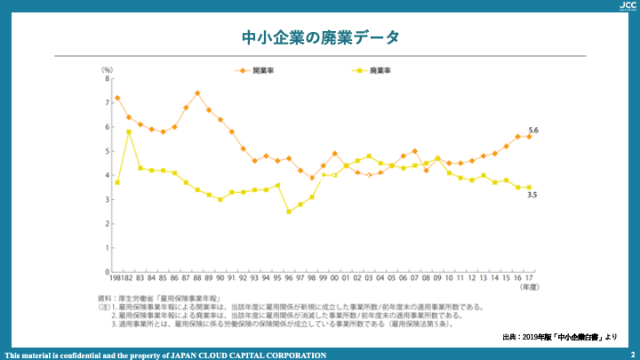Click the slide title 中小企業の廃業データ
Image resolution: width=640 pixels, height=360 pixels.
[320, 37]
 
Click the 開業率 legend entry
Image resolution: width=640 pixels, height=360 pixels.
[256, 69]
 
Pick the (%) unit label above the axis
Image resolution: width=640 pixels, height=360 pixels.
[107, 68]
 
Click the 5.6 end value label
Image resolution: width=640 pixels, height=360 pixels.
[533, 131]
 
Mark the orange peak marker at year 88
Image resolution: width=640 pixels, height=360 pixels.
[197, 93]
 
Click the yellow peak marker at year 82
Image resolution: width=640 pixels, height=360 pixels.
[129, 132]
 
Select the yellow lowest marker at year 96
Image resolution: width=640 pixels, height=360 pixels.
[289, 212]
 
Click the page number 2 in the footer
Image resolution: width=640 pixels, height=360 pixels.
[631, 355]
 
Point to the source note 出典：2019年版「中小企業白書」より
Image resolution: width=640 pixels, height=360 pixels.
[559, 337]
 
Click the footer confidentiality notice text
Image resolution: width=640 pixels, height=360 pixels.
[165, 355]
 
